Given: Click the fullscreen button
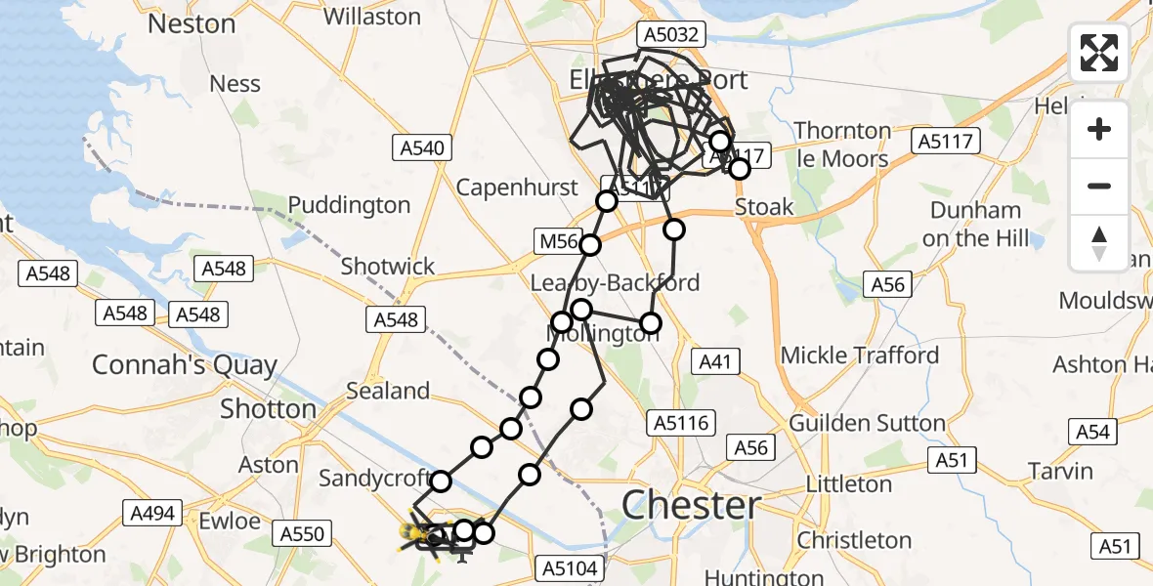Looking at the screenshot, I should (x=1099, y=53).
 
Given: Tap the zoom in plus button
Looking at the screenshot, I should (x=1099, y=129).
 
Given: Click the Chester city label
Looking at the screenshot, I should (x=692, y=506).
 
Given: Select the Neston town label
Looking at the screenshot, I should (x=192, y=23).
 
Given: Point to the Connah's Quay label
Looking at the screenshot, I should (x=185, y=365).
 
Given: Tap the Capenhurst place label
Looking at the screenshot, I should (x=517, y=186).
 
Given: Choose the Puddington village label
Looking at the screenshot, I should (x=349, y=205).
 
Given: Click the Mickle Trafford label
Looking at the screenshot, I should (x=860, y=355).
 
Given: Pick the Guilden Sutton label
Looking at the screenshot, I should (x=867, y=423).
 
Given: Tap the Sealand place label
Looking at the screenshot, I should (x=388, y=391).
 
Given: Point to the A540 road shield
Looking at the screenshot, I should (x=422, y=148).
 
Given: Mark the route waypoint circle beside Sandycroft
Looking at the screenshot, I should (x=441, y=481).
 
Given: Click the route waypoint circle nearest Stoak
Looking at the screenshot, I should (x=740, y=169).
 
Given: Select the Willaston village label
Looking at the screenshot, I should (x=371, y=16).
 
